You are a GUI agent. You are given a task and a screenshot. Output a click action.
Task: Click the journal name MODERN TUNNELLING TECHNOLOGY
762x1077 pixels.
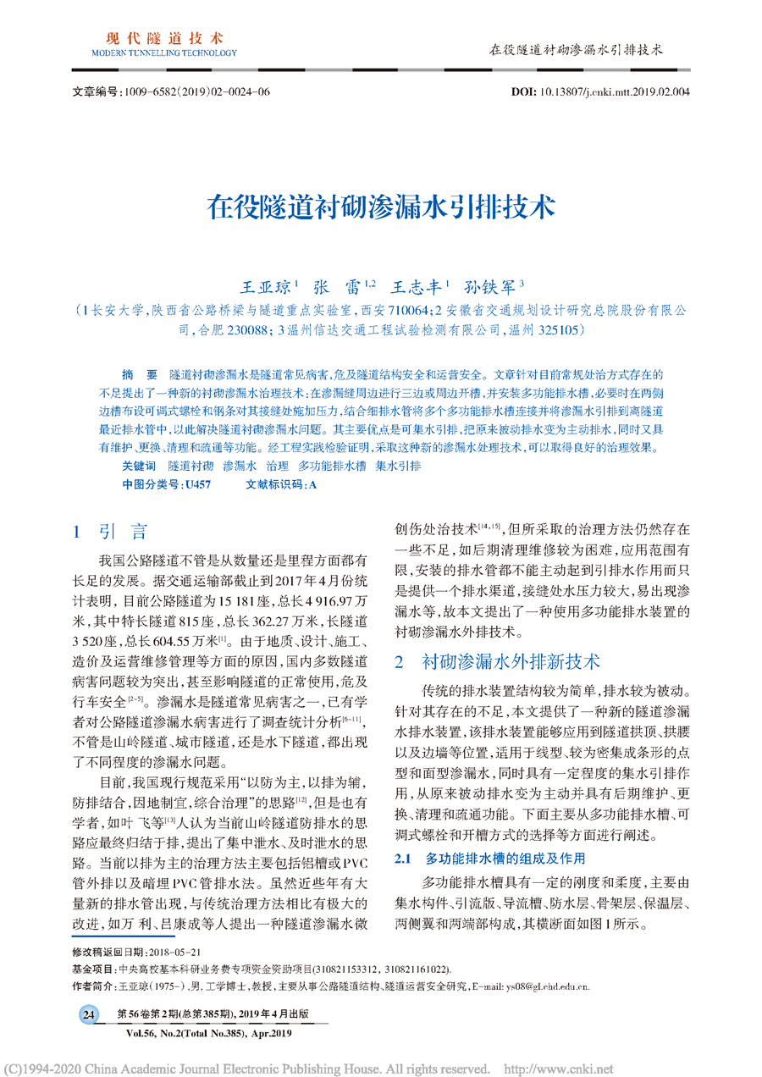point(164,52)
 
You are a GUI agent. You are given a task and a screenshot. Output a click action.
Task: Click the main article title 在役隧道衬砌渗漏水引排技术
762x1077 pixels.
point(380,207)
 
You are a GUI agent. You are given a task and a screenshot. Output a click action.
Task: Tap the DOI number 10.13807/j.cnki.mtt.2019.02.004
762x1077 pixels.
point(614,91)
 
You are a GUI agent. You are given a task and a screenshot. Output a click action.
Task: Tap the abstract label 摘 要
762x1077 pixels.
point(139,373)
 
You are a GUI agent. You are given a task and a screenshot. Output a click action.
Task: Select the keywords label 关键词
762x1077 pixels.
point(138,467)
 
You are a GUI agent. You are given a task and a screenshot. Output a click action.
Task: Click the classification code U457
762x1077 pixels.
point(197,484)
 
